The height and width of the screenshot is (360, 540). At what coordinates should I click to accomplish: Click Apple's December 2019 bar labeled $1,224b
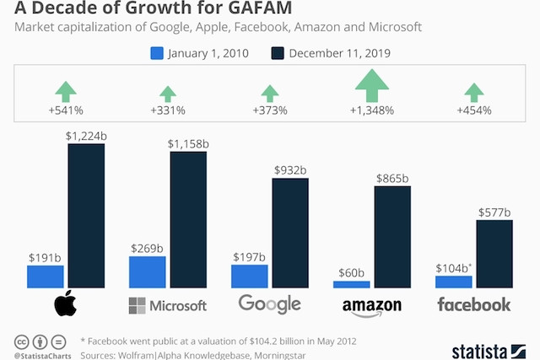(86, 216)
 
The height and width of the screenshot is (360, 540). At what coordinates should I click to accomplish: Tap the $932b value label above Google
(290, 170)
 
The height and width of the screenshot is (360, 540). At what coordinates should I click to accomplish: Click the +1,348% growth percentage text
(372, 110)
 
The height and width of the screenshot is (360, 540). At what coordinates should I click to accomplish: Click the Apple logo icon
(66, 304)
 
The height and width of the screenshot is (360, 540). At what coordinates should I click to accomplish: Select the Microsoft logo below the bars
(167, 304)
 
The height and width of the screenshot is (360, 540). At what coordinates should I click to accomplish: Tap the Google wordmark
(270, 304)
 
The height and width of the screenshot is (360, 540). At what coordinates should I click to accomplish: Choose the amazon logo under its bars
(372, 305)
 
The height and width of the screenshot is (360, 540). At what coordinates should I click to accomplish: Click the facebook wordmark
(474, 304)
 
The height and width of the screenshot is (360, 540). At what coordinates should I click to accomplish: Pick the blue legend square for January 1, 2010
(157, 53)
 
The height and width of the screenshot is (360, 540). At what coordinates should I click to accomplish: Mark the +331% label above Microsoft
(167, 110)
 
